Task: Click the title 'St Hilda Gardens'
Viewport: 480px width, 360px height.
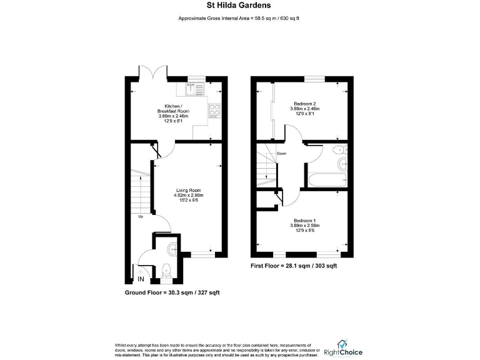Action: click(239, 6)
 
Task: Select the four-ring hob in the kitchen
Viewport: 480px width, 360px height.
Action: click(214, 111)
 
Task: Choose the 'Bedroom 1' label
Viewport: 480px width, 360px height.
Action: click(305, 223)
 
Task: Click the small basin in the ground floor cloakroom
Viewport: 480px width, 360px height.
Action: click(173, 249)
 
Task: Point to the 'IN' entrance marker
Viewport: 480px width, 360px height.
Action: click(141, 279)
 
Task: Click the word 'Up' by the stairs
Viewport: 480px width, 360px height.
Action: click(142, 217)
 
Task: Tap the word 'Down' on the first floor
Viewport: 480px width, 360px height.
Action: click(282, 153)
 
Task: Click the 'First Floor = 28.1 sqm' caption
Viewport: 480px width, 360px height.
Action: click(294, 266)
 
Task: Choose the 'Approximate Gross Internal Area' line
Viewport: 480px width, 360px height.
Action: click(240, 18)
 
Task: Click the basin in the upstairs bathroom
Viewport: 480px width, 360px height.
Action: click(341, 164)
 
